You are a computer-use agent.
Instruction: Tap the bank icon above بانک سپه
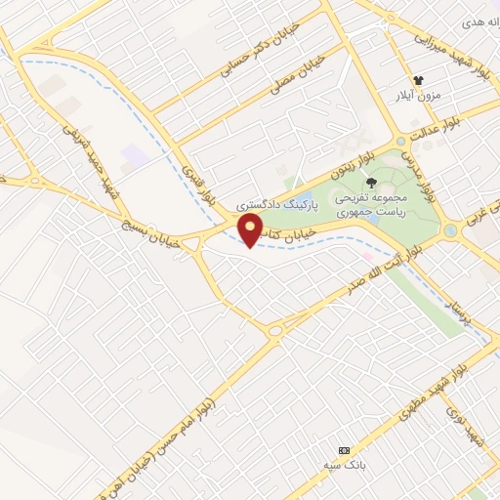click(x=343, y=450)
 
